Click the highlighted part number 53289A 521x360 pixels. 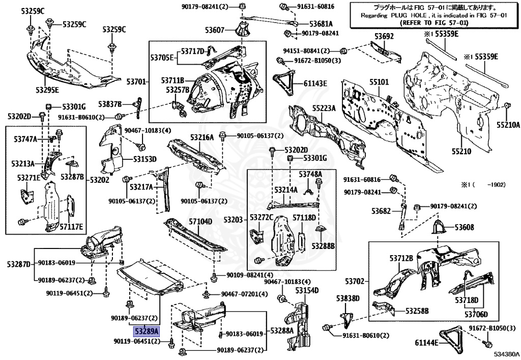pos(147,330)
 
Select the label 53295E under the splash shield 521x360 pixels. pos(47,90)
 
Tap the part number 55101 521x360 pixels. pos(379,81)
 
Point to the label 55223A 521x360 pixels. pos(324,108)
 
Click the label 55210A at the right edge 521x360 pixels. pos(508,124)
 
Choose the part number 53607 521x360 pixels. pos(215,31)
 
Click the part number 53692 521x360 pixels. pos(384,37)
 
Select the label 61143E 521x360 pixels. pos(315,84)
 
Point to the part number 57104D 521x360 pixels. pos(200,221)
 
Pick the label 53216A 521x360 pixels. pos(202,137)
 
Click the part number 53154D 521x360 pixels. pos(307,290)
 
